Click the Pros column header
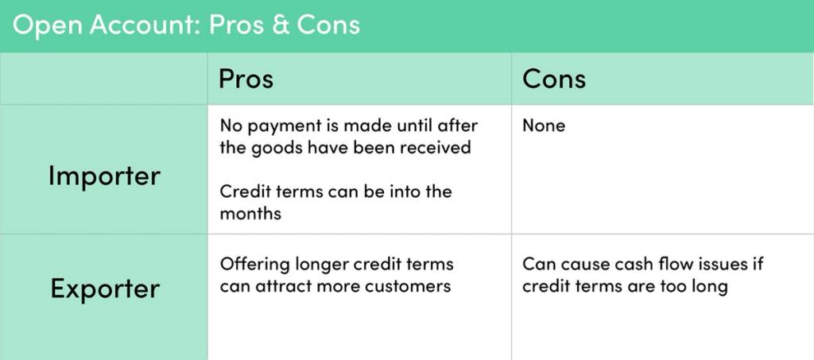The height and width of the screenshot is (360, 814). (246, 79)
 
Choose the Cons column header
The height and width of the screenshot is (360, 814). (554, 79)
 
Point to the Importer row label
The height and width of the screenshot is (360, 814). (104, 176)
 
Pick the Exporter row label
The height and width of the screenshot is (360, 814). (104, 288)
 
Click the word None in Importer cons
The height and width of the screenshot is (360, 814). (544, 126)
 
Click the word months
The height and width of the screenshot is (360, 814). (250, 214)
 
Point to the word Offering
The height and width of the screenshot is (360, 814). (254, 264)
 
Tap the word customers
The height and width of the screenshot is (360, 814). (412, 286)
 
